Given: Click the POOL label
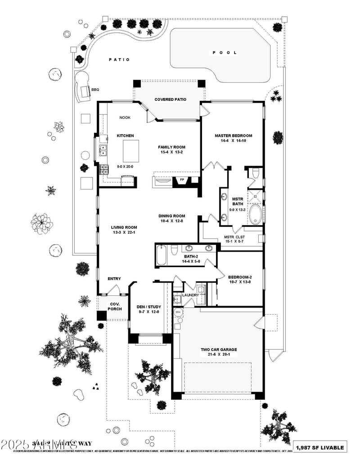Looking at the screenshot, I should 225,53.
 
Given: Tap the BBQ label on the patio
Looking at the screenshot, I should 95,90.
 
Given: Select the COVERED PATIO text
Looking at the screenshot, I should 170,100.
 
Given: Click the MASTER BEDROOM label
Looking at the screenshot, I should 233,136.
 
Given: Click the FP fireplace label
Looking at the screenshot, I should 182,180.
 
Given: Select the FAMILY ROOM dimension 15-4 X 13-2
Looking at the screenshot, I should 171,152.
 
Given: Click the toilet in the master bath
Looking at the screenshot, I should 255,173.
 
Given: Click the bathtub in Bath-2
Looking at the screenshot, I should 162,256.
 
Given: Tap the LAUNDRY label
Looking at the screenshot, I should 190,295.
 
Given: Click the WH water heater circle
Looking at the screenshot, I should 178,312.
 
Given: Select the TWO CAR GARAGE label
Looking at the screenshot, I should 219,349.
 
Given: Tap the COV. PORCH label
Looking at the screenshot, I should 114,306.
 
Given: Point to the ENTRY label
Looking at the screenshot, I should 114,279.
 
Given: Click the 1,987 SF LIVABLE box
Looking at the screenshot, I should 320,447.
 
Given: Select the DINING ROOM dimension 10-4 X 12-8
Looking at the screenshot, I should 171,221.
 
